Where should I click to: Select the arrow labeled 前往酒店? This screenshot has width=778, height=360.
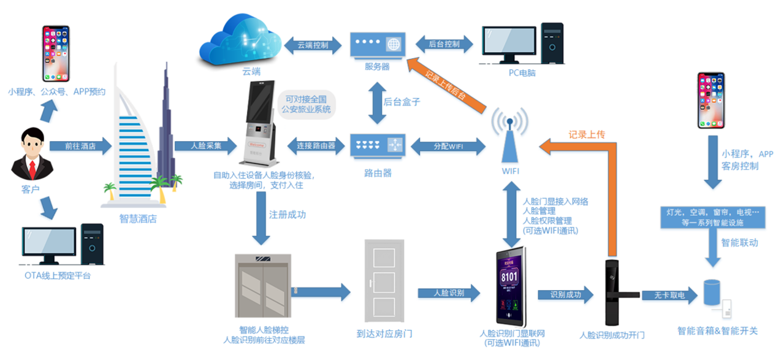coord(80,146)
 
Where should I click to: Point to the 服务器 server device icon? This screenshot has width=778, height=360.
coord(376,45)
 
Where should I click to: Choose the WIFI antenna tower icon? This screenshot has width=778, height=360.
coord(510,135)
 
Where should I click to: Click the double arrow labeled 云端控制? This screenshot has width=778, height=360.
coord(313,45)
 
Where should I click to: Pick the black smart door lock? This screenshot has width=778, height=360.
coord(611,292)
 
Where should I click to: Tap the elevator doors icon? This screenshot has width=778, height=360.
coord(262,285)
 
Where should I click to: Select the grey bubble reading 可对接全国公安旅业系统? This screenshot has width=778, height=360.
coord(305,104)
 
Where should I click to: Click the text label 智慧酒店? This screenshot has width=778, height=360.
coord(138,218)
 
